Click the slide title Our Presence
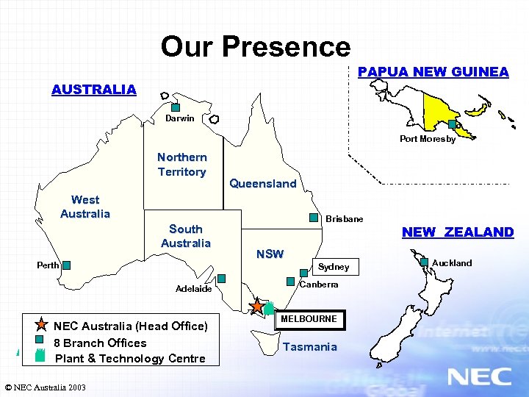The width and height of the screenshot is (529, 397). [x=256, y=47]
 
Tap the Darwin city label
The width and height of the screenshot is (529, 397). [x=180, y=118]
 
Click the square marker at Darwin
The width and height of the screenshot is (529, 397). [x=176, y=107]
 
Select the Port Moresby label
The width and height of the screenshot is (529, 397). [x=428, y=139]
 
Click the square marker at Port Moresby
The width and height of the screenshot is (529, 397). [x=452, y=125]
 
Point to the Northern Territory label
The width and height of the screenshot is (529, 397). [x=181, y=165]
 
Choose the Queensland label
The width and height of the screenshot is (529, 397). [x=263, y=184]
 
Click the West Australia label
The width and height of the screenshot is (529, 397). [x=85, y=207]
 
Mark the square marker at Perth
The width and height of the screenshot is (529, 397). [x=66, y=265]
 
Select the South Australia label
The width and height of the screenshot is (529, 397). [x=185, y=236]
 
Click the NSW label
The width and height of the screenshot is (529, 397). [x=270, y=254]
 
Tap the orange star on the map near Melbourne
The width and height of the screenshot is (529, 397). [x=257, y=305]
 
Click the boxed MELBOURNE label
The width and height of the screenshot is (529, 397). [x=309, y=319]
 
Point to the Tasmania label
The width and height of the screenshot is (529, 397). [x=310, y=347]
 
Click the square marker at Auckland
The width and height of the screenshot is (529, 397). [x=424, y=261]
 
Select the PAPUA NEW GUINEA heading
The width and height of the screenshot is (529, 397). [x=433, y=72]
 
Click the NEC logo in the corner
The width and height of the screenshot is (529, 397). [x=479, y=376]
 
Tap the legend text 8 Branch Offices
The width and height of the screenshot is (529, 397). [x=101, y=343]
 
